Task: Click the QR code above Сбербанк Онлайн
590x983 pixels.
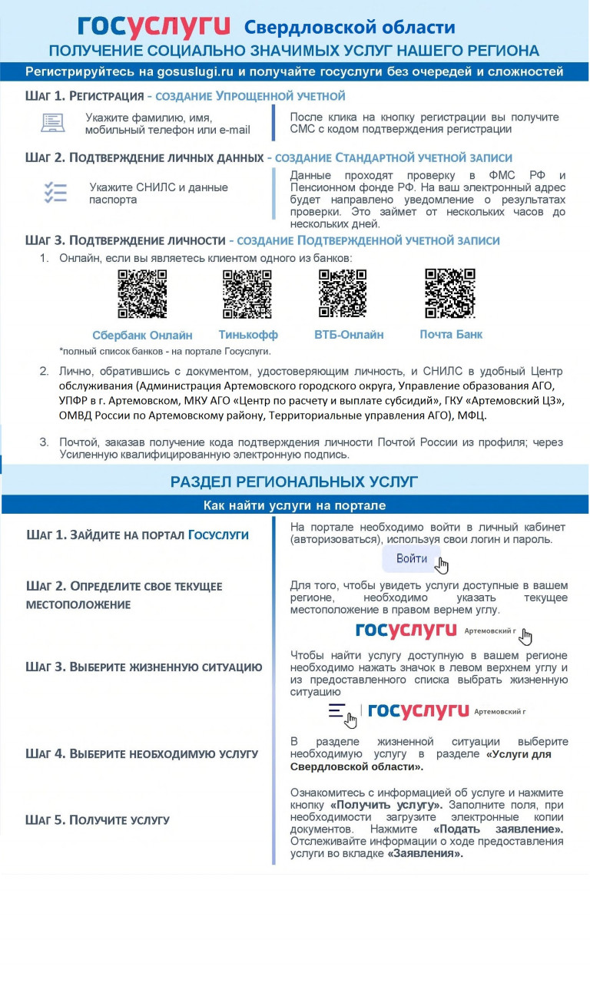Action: [x=142, y=293]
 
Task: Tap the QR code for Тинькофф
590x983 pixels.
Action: [x=247, y=293]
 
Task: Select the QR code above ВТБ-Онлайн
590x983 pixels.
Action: [x=342, y=293]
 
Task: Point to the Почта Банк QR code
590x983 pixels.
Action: [x=450, y=293]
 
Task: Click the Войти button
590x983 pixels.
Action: [x=412, y=558]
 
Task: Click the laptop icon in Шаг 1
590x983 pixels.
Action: [x=53, y=122]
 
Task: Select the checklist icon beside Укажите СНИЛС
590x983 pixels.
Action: [x=55, y=192]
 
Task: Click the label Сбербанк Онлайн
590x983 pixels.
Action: [x=142, y=336]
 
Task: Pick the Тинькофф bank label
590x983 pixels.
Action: [x=248, y=335]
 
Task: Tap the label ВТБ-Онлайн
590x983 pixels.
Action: [x=349, y=335]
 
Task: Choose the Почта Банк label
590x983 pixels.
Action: [x=451, y=334]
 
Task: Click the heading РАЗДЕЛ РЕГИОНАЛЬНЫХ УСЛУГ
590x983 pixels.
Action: [x=294, y=482]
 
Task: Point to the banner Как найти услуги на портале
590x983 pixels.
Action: [x=294, y=505]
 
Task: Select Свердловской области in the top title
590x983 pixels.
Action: [x=350, y=28]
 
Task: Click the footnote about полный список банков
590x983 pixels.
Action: [x=165, y=351]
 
